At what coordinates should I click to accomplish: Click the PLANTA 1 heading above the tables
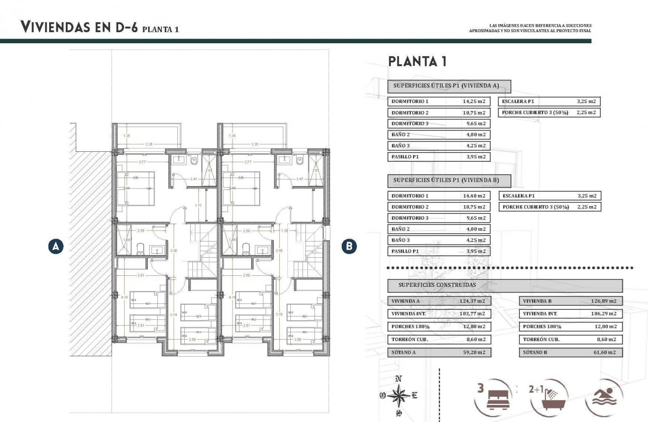click(x=417, y=62)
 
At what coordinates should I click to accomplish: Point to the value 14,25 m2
click(x=474, y=101)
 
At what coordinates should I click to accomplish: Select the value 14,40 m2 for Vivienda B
click(x=474, y=196)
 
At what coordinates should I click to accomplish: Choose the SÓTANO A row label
click(x=403, y=353)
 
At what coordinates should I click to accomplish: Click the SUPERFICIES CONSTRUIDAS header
click(x=437, y=285)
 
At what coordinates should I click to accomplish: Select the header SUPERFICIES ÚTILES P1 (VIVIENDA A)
click(x=449, y=86)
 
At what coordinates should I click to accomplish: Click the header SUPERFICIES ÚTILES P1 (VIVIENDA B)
click(x=449, y=180)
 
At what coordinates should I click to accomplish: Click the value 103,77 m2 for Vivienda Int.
click(x=473, y=314)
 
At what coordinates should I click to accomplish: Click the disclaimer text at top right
click(x=530, y=28)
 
